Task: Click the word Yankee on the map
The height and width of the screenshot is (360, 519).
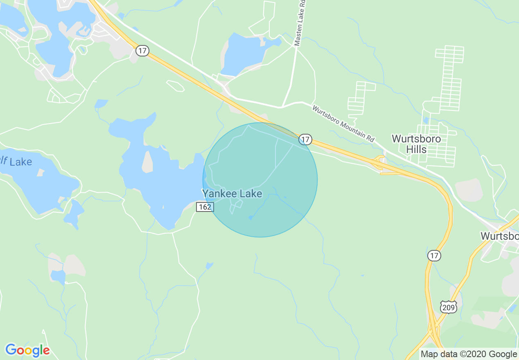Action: [x=217, y=193]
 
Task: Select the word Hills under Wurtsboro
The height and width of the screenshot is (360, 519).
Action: [x=416, y=150]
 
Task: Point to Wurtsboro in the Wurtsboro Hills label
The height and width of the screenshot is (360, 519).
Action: [x=416, y=139]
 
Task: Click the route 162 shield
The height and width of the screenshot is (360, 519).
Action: [x=204, y=207]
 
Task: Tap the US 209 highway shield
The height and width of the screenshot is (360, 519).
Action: [x=449, y=307]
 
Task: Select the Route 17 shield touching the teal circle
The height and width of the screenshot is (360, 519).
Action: [x=305, y=139]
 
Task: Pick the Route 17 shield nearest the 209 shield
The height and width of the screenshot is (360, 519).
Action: [x=434, y=256]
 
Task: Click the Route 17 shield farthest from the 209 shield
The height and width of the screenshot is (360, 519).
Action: [x=142, y=51]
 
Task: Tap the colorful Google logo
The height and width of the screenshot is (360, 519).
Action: [x=27, y=350]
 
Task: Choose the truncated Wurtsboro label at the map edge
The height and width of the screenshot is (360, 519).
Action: [x=500, y=236]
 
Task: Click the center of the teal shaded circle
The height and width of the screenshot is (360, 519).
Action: [x=260, y=180]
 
